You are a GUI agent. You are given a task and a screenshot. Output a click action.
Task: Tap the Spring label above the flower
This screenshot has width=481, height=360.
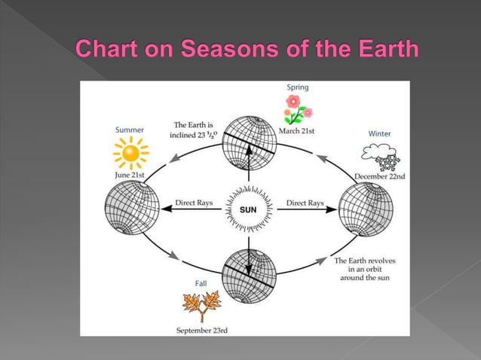(298, 87)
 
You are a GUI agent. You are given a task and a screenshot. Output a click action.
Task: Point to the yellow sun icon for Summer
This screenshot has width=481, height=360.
(131, 154)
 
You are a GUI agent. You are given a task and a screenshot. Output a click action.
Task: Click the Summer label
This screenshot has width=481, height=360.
(130, 130)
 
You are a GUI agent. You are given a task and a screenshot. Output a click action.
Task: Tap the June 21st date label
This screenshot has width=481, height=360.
(130, 175)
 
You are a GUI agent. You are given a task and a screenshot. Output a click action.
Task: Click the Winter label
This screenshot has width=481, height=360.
(379, 133)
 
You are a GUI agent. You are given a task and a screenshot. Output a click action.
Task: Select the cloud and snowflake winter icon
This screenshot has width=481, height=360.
(381, 157)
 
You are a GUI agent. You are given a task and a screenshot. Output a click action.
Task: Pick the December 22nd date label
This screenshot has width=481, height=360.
(380, 176)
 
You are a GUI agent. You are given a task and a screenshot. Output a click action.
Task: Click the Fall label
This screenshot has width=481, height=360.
(201, 283)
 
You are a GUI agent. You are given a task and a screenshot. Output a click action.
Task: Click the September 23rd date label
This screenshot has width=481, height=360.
(202, 330)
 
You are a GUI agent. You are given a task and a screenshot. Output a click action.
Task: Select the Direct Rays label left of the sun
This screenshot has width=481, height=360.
(194, 203)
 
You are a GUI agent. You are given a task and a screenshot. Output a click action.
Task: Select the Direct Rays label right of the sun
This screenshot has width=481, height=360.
(305, 203)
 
